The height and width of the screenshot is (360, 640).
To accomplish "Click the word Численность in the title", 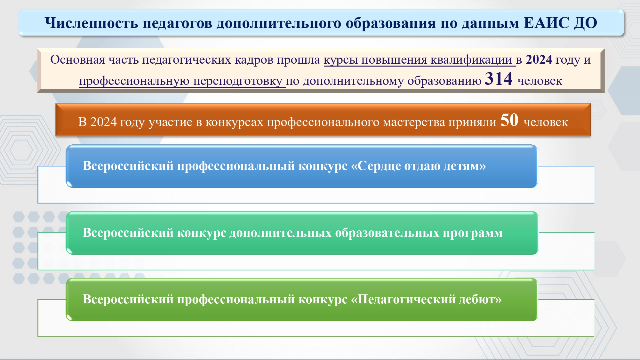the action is click(x=92, y=23).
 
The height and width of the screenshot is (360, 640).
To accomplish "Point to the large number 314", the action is click(x=499, y=78).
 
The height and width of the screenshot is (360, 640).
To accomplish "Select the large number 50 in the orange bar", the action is click(x=509, y=120).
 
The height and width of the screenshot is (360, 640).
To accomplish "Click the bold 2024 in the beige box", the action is click(x=539, y=60).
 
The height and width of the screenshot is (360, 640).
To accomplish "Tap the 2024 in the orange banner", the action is click(x=103, y=122).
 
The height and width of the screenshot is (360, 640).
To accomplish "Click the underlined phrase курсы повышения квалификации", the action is click(x=420, y=60).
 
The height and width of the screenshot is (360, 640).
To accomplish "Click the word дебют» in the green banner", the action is click(x=480, y=299).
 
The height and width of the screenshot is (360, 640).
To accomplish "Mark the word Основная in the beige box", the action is click(x=77, y=60).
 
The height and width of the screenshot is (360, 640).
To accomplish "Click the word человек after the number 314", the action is click(x=540, y=81).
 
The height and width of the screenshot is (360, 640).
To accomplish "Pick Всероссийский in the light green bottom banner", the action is click(x=128, y=299).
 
